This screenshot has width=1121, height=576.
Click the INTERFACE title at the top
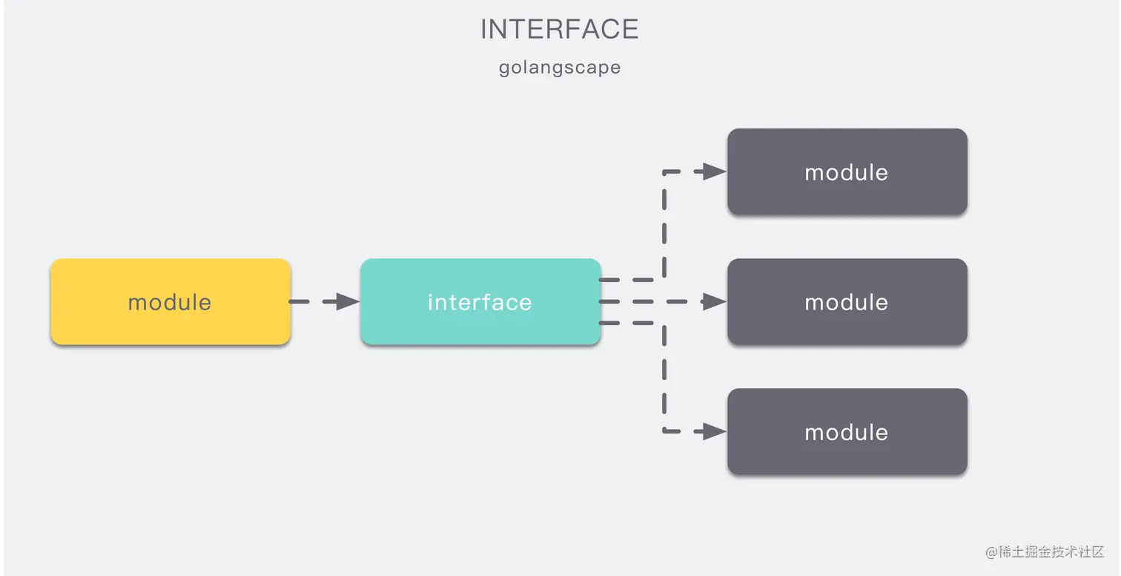(x=560, y=30)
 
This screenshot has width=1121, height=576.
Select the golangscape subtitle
(x=560, y=68)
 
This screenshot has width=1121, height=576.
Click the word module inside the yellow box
(x=170, y=302)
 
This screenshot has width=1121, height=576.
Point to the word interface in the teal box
(x=480, y=302)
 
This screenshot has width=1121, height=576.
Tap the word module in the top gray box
(x=847, y=172)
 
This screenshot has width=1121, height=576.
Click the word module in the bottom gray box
(x=847, y=432)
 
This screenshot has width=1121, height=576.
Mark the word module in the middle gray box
(x=847, y=302)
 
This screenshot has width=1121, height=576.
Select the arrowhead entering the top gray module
(x=714, y=171)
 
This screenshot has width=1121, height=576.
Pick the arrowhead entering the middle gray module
(x=714, y=301)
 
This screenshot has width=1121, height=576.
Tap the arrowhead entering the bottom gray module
(x=714, y=431)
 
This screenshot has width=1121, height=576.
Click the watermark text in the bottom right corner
(x=1045, y=552)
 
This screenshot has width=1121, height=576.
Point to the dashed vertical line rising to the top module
(x=664, y=223)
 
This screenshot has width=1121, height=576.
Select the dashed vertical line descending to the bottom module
(x=664, y=379)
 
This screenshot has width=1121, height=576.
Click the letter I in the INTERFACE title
(x=484, y=30)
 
